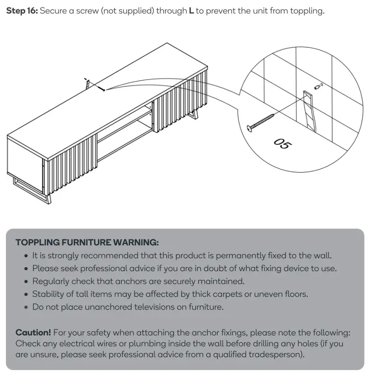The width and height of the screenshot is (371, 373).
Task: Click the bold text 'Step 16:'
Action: coord(21,11)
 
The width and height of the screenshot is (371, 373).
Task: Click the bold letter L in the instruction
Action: coord(191,11)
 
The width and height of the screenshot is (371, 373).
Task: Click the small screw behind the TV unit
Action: coord(101,89)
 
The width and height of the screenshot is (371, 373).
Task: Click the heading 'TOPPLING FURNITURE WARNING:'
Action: coord(87,242)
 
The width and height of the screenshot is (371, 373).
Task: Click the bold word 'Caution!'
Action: coord(33,332)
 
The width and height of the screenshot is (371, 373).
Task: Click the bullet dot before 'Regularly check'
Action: coord(26,281)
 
